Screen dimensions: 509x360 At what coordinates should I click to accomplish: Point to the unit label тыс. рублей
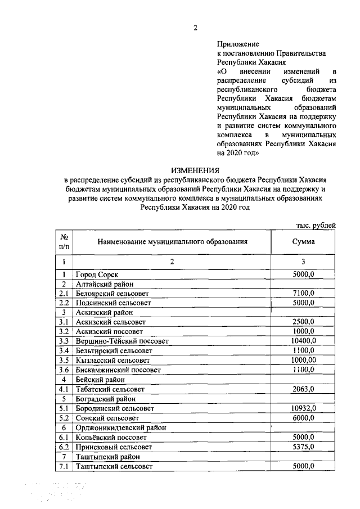click(x=316, y=225)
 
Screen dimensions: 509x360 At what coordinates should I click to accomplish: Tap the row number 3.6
click(x=64, y=370)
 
